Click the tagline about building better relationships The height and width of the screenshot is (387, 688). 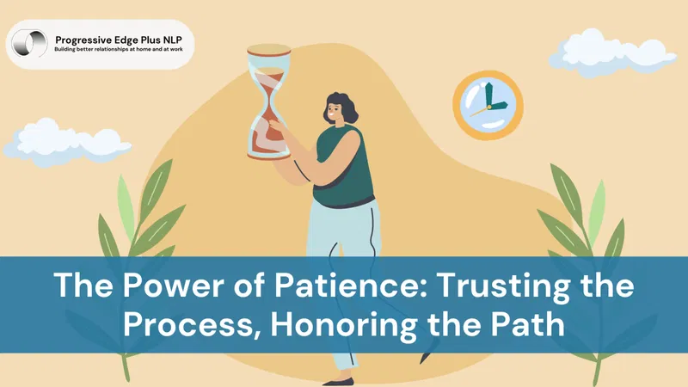pos(119,49)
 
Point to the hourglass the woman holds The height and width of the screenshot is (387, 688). pos(268,101)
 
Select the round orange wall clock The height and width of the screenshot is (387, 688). pos(488,105)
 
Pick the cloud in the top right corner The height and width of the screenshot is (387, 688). pos(611,53)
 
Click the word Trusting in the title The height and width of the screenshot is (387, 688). pos(504,286)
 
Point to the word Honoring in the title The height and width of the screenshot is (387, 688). pos(343,326)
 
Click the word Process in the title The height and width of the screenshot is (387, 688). pos(192,326)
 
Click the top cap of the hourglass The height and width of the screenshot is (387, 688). pos(268,50)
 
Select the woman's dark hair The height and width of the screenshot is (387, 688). pos(343,105)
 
